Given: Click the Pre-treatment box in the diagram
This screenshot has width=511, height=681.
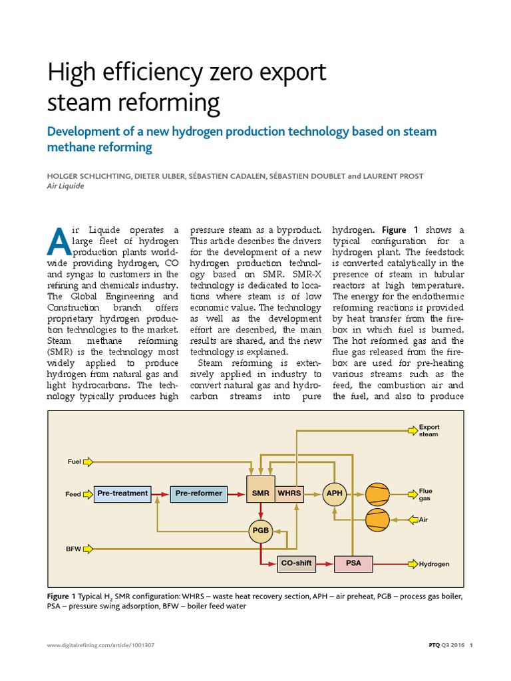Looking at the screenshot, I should tap(123, 493).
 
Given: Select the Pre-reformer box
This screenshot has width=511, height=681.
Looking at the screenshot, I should tap(199, 493).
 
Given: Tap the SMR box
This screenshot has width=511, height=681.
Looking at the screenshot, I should tap(260, 493).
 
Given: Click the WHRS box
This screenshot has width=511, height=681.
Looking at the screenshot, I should tap(289, 493).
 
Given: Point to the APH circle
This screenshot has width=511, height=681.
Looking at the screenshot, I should tap(334, 493).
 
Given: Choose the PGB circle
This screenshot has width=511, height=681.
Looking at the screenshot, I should tap(260, 530).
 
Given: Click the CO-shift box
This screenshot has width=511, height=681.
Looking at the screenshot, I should tap(296, 563).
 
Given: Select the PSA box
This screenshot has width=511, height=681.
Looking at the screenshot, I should tap(354, 563).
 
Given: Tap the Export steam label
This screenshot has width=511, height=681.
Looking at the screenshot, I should tap(428, 430).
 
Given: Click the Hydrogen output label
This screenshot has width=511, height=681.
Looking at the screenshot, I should tap(434, 564).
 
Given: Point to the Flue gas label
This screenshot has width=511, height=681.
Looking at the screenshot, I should tap(425, 494).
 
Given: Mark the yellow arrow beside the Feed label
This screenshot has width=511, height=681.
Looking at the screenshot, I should tap(88, 494).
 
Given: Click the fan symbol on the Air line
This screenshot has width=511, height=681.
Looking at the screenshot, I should tap(377, 519).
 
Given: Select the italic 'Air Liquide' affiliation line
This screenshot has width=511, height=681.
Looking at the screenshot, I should tap(66, 186).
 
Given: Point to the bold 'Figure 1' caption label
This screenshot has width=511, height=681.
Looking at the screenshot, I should tap(65, 596).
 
